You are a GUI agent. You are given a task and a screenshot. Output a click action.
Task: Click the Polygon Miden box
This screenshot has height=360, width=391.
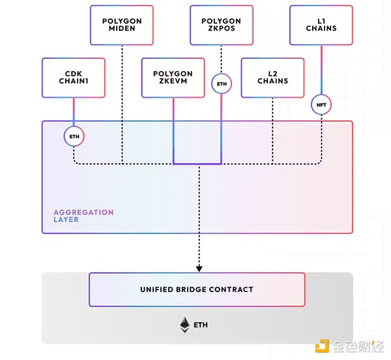click(122, 25)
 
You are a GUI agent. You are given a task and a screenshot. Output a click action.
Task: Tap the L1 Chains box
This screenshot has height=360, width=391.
click(321, 25)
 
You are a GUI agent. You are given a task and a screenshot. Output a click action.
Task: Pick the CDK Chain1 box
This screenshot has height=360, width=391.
click(74, 78)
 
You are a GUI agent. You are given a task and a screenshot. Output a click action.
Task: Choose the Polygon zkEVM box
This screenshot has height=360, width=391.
click(173, 78)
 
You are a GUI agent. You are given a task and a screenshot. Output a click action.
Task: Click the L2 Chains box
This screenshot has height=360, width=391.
click(273, 78)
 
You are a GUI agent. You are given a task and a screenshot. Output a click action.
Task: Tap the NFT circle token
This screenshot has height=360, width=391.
click(321, 104)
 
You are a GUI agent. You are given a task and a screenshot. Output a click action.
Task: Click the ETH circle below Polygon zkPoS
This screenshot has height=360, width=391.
click(221, 83)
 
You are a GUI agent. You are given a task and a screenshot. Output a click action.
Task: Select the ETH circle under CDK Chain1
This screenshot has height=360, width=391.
click(74, 136)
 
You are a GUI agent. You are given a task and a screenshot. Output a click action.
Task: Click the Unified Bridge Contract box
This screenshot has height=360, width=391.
click(196, 290)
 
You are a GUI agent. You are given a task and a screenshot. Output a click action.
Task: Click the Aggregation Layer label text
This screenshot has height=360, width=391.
click(83, 216)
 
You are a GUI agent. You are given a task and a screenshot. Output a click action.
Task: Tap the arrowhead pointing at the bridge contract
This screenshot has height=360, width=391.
click(199, 267)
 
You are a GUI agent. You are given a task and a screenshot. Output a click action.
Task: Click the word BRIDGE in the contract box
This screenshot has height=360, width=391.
click(195, 290)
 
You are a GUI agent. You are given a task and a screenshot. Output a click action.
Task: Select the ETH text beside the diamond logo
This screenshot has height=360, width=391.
click(203, 323)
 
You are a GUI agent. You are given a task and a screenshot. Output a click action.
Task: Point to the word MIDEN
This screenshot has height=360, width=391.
click(122, 29)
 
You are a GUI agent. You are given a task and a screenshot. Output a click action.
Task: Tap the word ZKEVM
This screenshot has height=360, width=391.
click(173, 82)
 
